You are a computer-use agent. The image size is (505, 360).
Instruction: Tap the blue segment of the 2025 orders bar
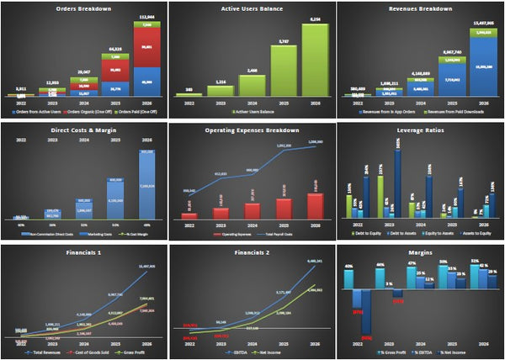tap(115, 86)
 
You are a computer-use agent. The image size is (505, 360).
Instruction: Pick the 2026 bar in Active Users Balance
tap(316, 59)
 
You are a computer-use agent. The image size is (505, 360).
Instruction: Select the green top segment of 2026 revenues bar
tap(482, 34)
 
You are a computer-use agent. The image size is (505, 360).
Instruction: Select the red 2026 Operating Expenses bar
tap(315, 205)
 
